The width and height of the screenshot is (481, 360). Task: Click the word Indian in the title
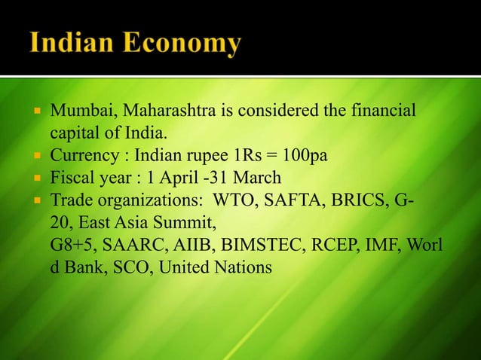click(x=78, y=43)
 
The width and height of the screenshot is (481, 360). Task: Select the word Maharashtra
click(x=164, y=114)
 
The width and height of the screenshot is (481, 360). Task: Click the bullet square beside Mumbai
click(x=35, y=114)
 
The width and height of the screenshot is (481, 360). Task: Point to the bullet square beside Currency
click(x=35, y=157)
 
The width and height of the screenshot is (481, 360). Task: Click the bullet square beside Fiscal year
click(x=35, y=179)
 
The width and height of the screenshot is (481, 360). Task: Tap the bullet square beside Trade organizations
click(x=35, y=201)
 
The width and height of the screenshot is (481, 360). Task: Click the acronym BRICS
click(x=366, y=201)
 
